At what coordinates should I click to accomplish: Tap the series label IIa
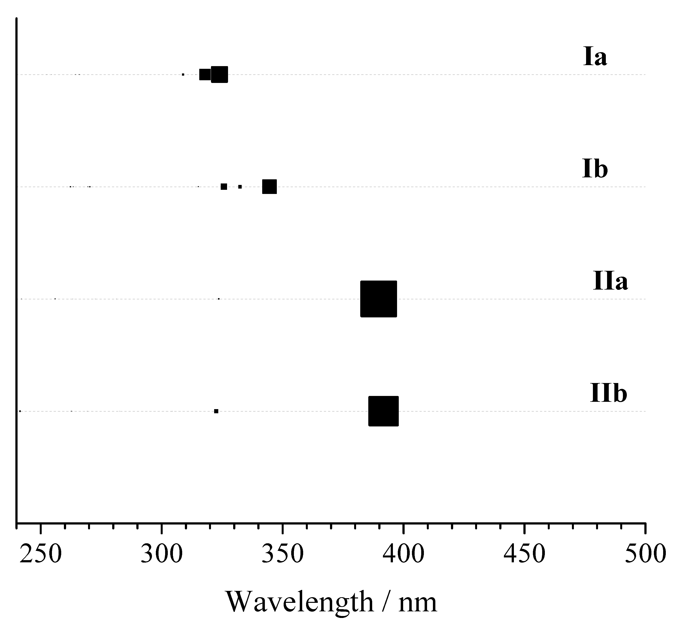tap(610, 281)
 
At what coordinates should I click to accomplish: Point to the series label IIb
tap(609, 393)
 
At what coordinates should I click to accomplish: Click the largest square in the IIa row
tap(378, 299)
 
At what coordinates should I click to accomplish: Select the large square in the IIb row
tap(383, 411)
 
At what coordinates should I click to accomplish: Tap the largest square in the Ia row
tap(220, 74)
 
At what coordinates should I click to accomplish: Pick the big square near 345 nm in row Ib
tap(270, 187)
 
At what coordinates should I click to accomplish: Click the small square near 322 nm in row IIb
tap(216, 411)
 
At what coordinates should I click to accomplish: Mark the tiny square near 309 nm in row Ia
tap(183, 74)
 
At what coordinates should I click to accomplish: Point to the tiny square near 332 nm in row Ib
tap(240, 187)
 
